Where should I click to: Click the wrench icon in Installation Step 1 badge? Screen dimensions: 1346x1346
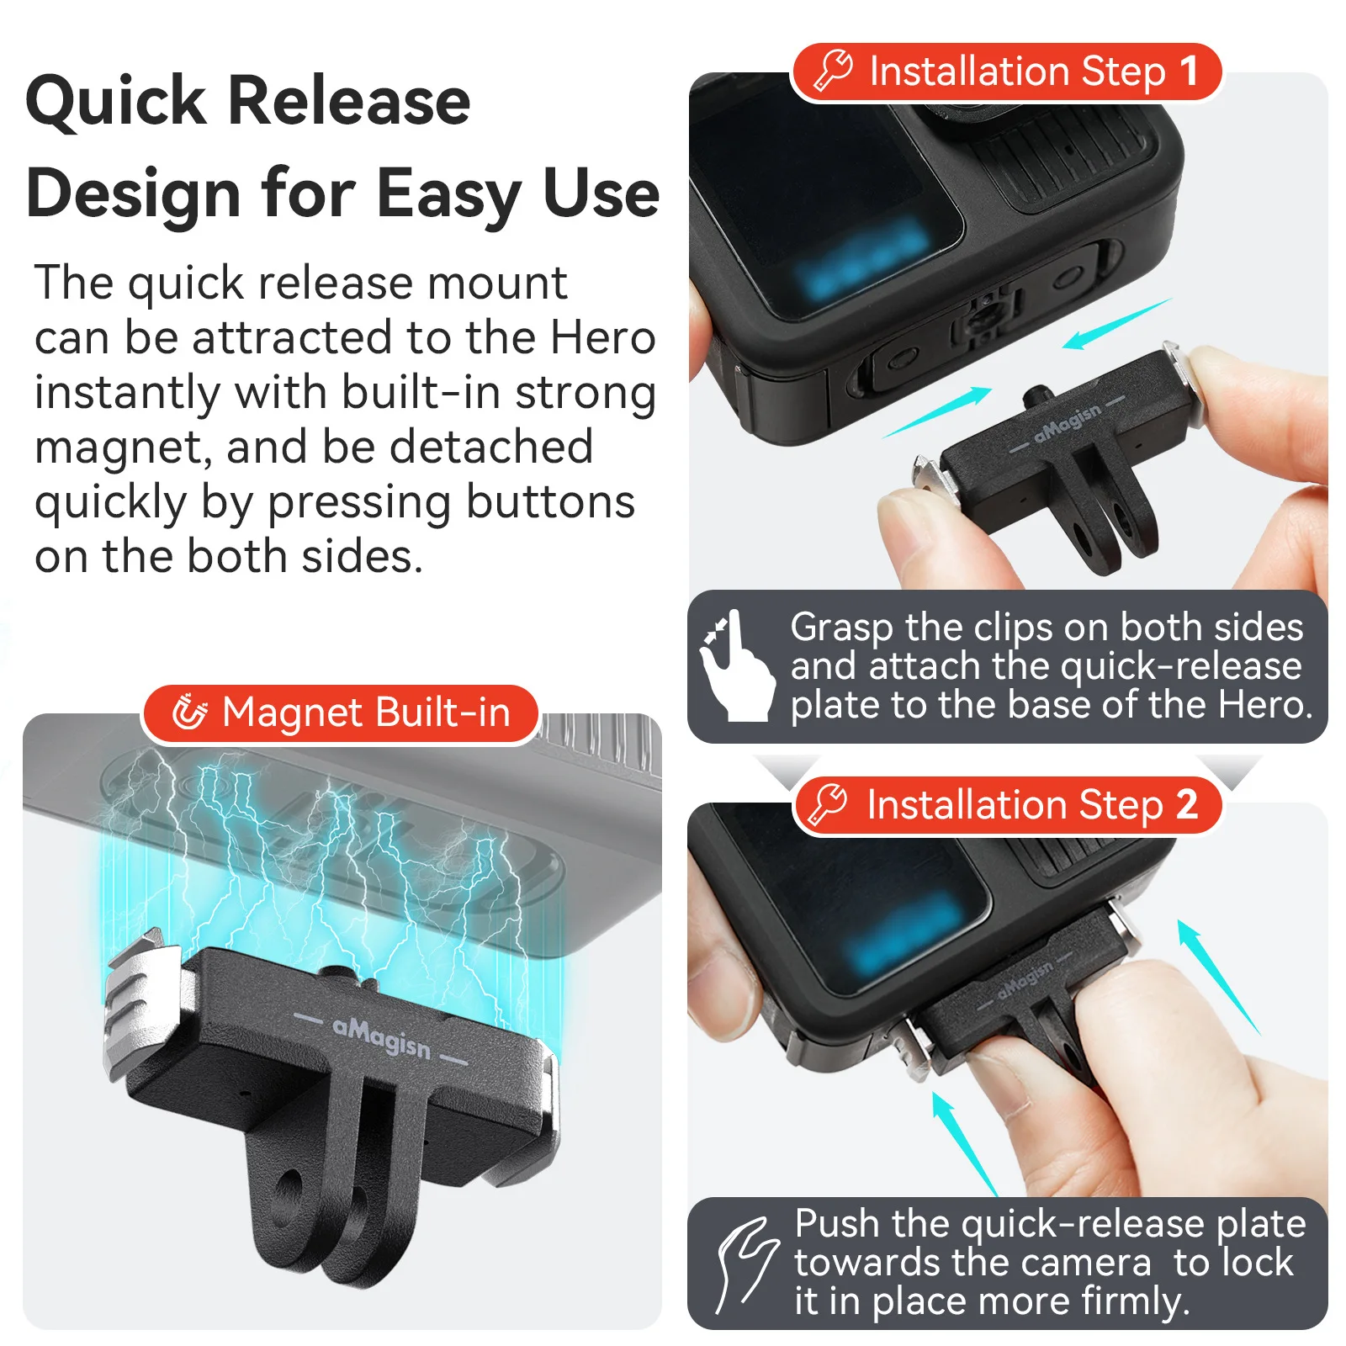pyautogui.click(x=833, y=70)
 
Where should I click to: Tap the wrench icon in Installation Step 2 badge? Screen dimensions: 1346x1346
pyautogui.click(x=828, y=804)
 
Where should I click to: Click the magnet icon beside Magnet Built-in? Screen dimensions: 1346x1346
pyautogui.click(x=189, y=712)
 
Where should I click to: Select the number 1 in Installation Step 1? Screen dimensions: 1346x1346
pyautogui.click(x=1188, y=71)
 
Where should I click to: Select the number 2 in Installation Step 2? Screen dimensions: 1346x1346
pyautogui.click(x=1186, y=804)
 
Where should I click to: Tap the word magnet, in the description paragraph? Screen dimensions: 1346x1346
pyautogui.click(x=124, y=448)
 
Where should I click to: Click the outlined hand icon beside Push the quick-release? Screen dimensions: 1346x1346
pyautogui.click(x=746, y=1264)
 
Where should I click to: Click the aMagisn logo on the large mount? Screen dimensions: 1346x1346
pyautogui.click(x=381, y=1036)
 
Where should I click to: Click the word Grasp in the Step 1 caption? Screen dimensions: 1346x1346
pyautogui.click(x=842, y=628)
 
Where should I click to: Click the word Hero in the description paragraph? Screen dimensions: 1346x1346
pyautogui.click(x=602, y=337)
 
